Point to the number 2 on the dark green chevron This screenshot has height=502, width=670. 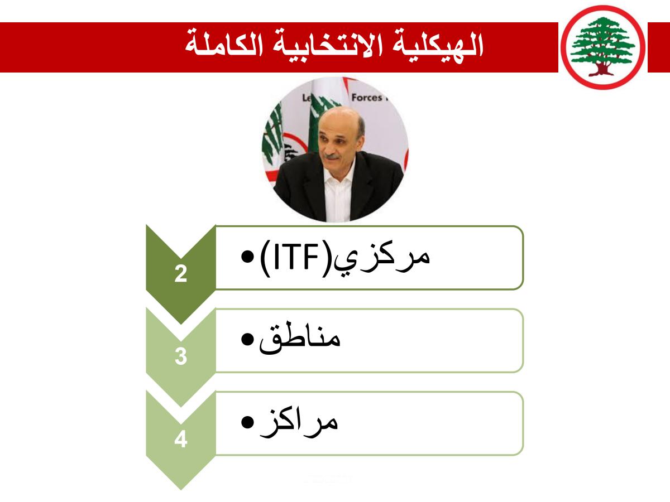[181, 274]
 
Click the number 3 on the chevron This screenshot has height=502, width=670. [181, 356]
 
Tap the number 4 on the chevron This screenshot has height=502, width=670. [181, 439]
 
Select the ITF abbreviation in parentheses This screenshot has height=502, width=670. [296, 258]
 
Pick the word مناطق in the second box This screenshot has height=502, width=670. [300, 339]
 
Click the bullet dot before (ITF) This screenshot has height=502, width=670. [247, 257]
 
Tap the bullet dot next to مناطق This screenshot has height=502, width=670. [247, 339]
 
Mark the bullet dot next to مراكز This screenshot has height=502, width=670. [247, 422]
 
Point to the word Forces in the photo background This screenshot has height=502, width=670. [367, 98]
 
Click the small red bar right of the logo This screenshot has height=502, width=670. [659, 47]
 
